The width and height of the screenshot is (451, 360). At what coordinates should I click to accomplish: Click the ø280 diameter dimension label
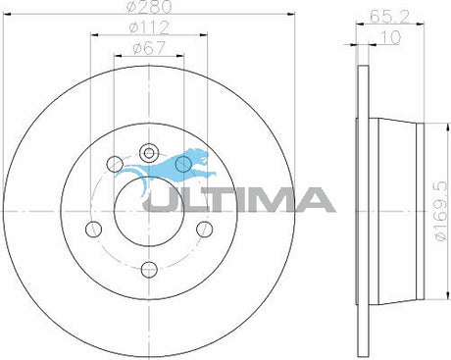[149, 7]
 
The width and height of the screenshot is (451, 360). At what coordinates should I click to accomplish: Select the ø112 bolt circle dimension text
[149, 27]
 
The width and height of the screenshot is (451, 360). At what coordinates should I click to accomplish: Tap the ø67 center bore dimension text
[149, 49]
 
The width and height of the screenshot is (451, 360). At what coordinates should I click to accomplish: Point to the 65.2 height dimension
[389, 17]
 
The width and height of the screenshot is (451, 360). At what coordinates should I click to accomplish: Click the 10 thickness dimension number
[390, 37]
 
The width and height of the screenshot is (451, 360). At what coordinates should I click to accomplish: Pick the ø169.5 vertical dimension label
[440, 212]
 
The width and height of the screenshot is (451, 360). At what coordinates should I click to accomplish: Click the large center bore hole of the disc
[149, 211]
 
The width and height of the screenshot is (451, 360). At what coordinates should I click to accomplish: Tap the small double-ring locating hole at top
[149, 153]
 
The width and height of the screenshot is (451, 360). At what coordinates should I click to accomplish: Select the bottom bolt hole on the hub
[149, 270]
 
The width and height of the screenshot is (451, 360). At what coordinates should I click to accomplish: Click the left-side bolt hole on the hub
[93, 229]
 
